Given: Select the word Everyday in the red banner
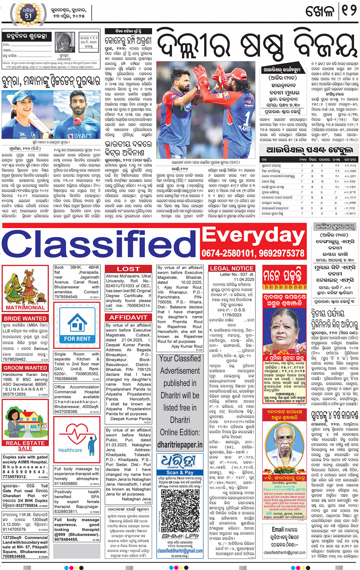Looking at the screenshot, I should pyautogui.click(x=253, y=235).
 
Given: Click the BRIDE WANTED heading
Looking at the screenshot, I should pyautogui.click(x=25, y=318).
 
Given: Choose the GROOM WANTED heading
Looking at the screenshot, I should pyautogui.click(x=25, y=368).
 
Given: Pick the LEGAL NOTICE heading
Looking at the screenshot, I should pyautogui.click(x=232, y=268).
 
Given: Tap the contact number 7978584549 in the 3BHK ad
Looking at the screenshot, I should pyautogui.click(x=66, y=297).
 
